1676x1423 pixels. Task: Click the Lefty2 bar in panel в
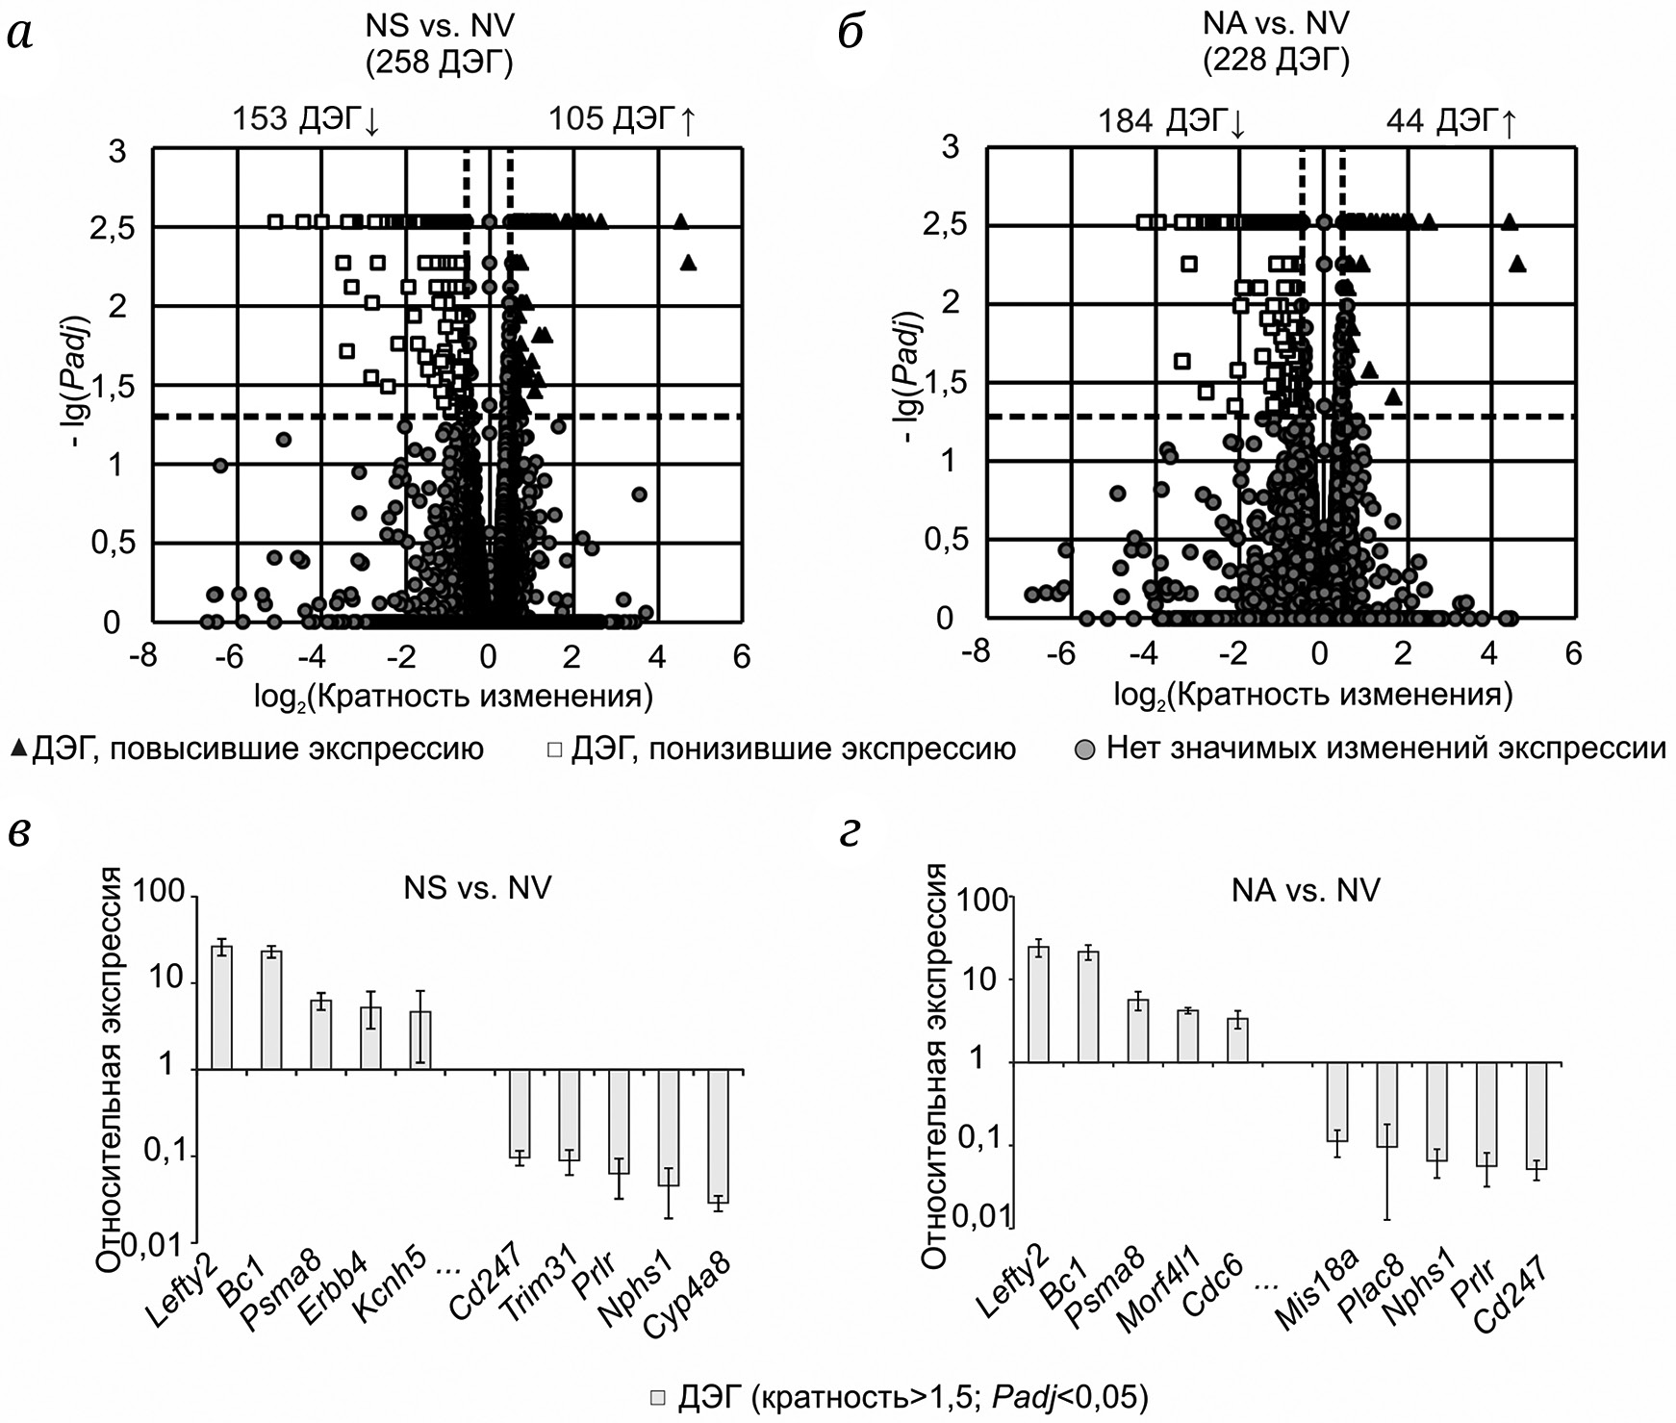[222, 1007]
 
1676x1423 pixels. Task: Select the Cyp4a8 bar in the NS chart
[719, 1135]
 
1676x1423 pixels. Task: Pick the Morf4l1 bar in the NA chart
[1188, 1036]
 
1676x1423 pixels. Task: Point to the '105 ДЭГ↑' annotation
[622, 120]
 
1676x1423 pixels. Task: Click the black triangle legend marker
[18, 748]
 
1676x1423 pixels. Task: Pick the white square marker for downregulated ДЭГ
[555, 748]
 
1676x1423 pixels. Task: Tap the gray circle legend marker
[1084, 749]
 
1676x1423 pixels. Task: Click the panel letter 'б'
[852, 34]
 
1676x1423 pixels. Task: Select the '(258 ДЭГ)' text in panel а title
[439, 64]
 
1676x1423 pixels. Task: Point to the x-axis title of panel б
[1312, 695]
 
